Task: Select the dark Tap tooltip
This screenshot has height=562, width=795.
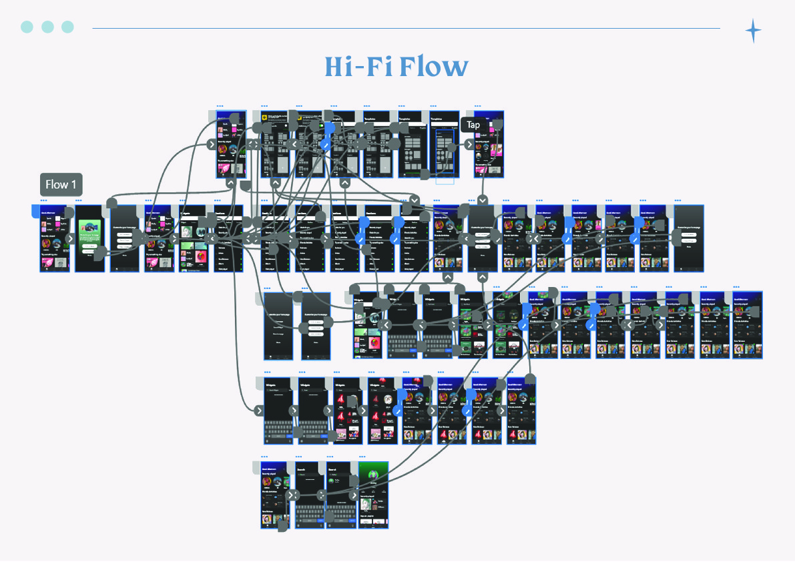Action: [x=473, y=125]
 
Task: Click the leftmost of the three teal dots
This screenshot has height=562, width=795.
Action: [x=27, y=27]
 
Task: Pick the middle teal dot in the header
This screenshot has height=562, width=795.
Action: [x=47, y=27]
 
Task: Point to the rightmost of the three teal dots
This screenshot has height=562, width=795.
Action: [x=67, y=27]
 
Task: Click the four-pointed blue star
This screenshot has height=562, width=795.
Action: [x=753, y=31]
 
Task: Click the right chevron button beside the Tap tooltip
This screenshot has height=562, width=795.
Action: [x=469, y=144]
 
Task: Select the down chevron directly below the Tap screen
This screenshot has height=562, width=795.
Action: [x=483, y=200]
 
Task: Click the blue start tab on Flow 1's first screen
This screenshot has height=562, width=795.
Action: [x=35, y=211]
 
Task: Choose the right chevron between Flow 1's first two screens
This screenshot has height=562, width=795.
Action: [x=69, y=238]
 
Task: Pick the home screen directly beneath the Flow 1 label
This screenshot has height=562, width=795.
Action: [x=55, y=238]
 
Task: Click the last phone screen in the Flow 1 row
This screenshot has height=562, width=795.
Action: [x=689, y=238]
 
